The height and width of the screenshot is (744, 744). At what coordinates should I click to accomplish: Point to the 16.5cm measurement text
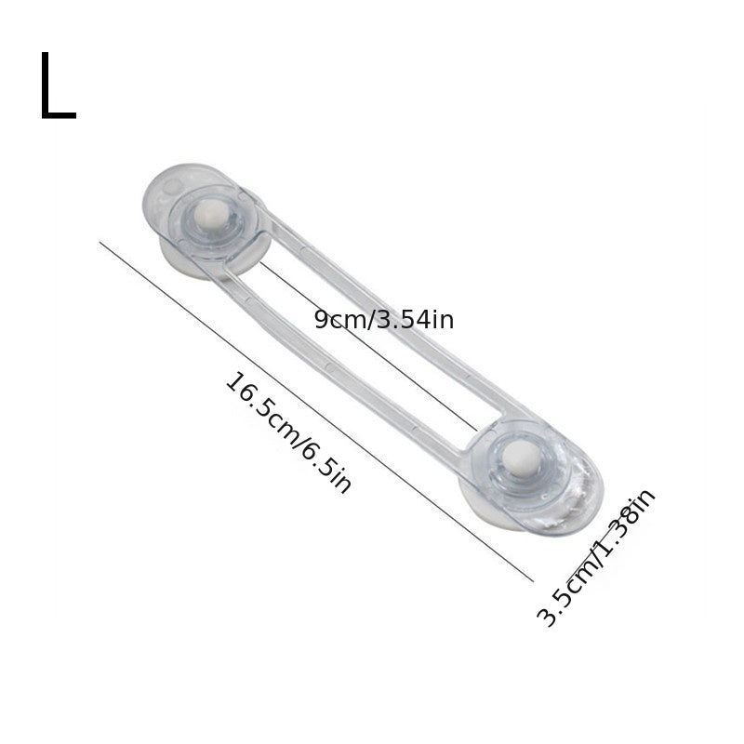point(263,413)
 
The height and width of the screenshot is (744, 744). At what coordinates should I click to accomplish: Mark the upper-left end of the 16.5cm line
point(100,243)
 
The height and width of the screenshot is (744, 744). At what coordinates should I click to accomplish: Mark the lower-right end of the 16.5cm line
point(533,580)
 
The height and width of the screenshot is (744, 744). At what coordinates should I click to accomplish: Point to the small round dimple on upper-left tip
point(171,189)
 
